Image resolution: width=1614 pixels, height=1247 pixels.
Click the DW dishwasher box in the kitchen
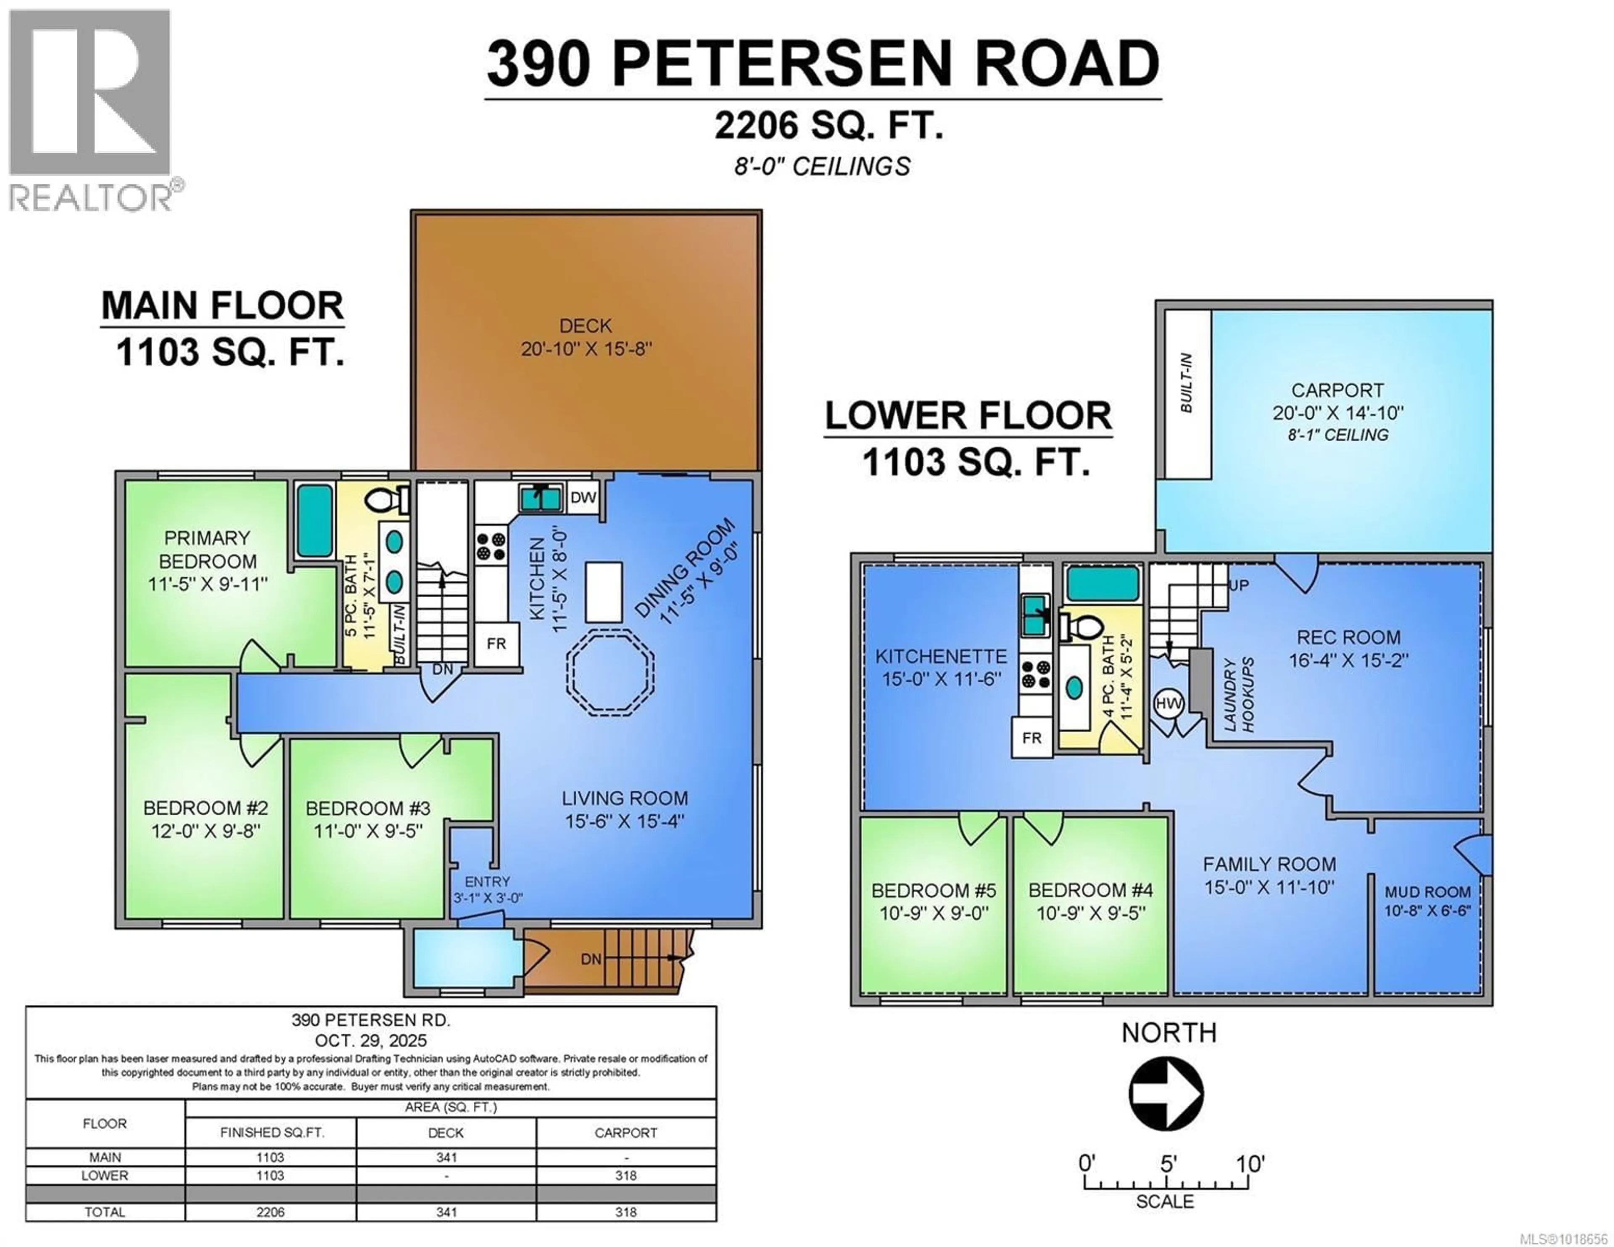coord(583,498)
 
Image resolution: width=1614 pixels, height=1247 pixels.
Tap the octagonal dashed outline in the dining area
coord(610,672)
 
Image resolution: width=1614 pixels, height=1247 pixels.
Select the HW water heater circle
coord(1168,703)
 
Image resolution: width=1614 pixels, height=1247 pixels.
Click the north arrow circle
coord(1166,1093)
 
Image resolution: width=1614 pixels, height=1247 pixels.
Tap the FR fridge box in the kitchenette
coord(1032,738)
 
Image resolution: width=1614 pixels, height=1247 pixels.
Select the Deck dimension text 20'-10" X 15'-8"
coord(586,349)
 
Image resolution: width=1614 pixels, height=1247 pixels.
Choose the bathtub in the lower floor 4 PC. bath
coord(1102,584)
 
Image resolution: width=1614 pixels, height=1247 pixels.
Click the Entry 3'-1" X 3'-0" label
coord(487,889)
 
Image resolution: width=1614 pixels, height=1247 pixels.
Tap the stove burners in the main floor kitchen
coord(491,546)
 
